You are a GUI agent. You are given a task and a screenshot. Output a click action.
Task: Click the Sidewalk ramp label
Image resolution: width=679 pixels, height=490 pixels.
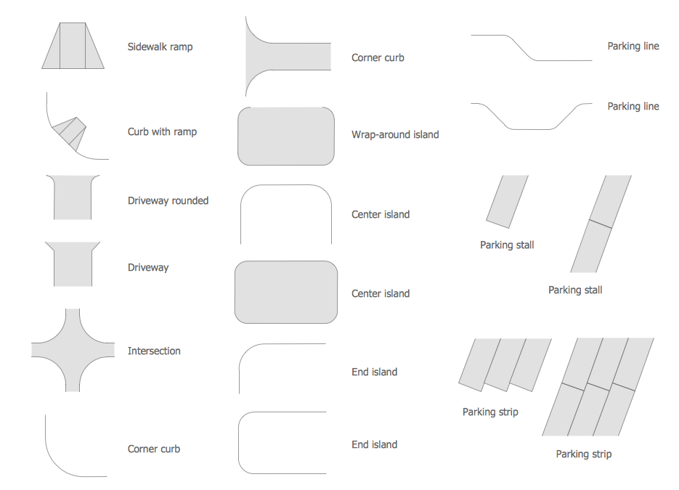click(160, 46)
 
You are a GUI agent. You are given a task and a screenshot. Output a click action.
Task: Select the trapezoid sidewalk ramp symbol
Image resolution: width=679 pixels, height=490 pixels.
click(73, 46)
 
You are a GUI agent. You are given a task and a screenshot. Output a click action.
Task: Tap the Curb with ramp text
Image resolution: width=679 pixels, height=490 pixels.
click(162, 131)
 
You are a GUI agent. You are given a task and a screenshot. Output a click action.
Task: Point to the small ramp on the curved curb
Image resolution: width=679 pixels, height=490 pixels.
click(69, 134)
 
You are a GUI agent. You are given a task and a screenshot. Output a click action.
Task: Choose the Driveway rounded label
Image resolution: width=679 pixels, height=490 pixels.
click(168, 200)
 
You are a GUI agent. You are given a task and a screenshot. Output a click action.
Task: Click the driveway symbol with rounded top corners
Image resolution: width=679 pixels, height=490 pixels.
click(73, 197)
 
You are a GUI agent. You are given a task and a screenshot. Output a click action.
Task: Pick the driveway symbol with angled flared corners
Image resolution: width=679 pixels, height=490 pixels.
click(73, 264)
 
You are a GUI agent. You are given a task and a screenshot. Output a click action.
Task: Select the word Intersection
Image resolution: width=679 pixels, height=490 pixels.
click(154, 351)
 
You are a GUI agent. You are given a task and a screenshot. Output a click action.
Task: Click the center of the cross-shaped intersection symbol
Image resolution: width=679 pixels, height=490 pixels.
click(73, 350)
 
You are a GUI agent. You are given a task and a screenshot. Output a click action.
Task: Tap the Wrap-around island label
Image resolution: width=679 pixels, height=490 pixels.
click(395, 134)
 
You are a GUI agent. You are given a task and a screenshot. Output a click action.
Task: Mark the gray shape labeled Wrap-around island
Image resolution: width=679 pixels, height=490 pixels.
click(286, 136)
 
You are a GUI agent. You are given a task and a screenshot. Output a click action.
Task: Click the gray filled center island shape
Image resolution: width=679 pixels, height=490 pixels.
click(286, 292)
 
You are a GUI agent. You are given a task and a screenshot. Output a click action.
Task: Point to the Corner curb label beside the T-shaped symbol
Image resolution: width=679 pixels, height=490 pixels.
click(378, 57)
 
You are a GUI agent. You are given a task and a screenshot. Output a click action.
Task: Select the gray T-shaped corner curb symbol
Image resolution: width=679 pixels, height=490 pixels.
click(286, 57)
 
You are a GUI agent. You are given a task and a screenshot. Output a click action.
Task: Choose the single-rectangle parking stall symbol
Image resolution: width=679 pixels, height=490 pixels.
click(507, 201)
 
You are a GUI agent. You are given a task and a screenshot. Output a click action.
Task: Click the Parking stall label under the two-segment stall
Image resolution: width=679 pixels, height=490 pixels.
click(575, 290)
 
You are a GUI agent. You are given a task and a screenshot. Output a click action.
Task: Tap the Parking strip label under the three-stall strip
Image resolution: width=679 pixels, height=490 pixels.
click(490, 412)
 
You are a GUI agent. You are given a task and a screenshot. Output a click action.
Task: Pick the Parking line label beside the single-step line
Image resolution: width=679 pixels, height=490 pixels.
click(633, 46)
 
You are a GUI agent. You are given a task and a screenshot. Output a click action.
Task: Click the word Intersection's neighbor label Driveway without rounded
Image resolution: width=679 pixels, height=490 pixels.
click(147, 268)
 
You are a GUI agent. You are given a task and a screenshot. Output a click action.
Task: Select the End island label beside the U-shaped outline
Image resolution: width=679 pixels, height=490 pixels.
click(374, 444)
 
